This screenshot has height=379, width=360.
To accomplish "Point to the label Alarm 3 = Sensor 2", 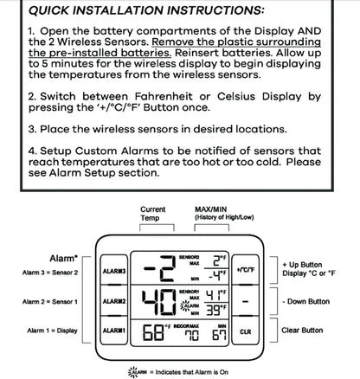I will click(51, 272).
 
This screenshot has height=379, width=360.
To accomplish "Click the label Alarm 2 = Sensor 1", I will click(51, 301).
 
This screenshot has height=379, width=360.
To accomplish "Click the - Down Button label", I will click(306, 301).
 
